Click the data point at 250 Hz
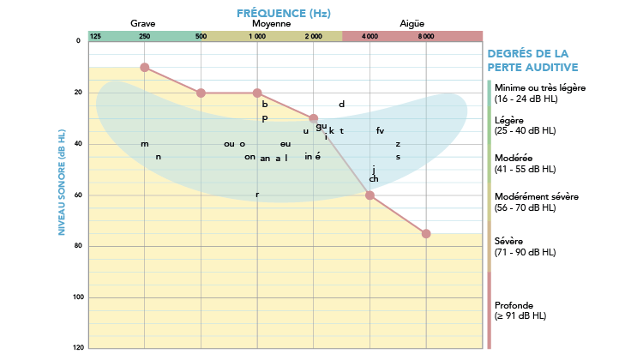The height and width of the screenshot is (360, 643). coord(144,67)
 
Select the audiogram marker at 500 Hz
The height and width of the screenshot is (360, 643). coord(201,93)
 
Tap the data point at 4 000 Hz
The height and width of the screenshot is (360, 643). coord(370,195)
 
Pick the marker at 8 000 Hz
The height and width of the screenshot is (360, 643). coord(426,233)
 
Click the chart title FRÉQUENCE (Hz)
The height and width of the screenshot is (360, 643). coord(283,13)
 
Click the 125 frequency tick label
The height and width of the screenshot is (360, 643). coord(95,36)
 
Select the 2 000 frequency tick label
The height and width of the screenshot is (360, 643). coord(313,36)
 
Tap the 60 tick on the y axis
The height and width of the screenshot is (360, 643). coord(78,195)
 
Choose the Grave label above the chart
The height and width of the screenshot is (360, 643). coord(142,23)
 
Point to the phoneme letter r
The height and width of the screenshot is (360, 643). coord(257,195)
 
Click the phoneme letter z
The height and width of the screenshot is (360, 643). coord(398,144)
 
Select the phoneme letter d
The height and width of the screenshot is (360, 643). coord(341,105)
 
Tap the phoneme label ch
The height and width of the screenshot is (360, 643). coord(374,179)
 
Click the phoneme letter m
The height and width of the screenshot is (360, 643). coord(145,144)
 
